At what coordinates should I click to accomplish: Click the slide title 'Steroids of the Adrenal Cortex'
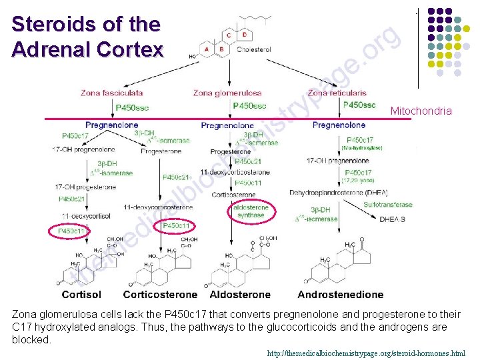[x=87, y=37]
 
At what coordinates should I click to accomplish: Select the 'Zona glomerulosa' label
[x=227, y=93]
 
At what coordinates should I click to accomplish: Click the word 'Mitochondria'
[x=421, y=111]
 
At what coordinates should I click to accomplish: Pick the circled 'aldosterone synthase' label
[x=251, y=211]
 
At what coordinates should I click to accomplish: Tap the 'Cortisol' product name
[x=81, y=294]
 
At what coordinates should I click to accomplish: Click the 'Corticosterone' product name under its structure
[x=160, y=294]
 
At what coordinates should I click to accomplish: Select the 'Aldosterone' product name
[x=240, y=294]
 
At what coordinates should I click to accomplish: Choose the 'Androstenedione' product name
[x=341, y=294]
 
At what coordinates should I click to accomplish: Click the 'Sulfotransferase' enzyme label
[x=388, y=205]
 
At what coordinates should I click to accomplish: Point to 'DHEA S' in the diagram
[x=393, y=219]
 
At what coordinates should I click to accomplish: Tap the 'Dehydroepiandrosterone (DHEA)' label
[x=339, y=193]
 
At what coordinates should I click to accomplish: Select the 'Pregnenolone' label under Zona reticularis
[x=339, y=125]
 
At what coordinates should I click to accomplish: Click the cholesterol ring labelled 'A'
[x=207, y=49]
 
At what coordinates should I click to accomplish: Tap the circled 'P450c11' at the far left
[x=69, y=231]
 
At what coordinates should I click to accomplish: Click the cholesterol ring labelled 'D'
[x=245, y=34]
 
